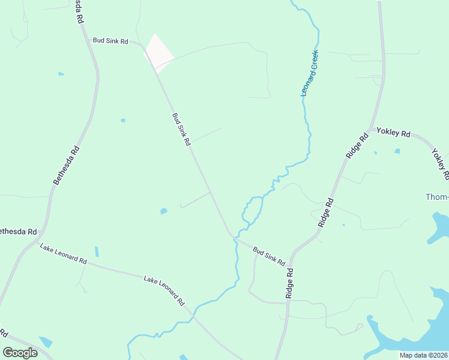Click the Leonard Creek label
tap(312, 73)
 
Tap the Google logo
tap(20, 352)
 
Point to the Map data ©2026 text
tap(423, 355)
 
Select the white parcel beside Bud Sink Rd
tap(158, 52)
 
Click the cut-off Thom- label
tap(436, 197)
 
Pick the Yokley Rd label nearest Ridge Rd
tap(393, 133)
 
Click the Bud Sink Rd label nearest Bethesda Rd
tap(110, 41)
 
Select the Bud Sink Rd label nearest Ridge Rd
tap(268, 256)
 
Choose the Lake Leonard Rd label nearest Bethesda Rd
tap(63, 254)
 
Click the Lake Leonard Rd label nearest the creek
tap(164, 291)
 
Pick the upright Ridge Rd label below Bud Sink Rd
tap(289, 283)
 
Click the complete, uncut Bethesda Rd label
tap(66, 166)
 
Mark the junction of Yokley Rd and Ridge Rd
tap(370, 128)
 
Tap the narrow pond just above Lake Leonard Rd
tap(97, 251)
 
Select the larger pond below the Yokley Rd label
tap(397, 151)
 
